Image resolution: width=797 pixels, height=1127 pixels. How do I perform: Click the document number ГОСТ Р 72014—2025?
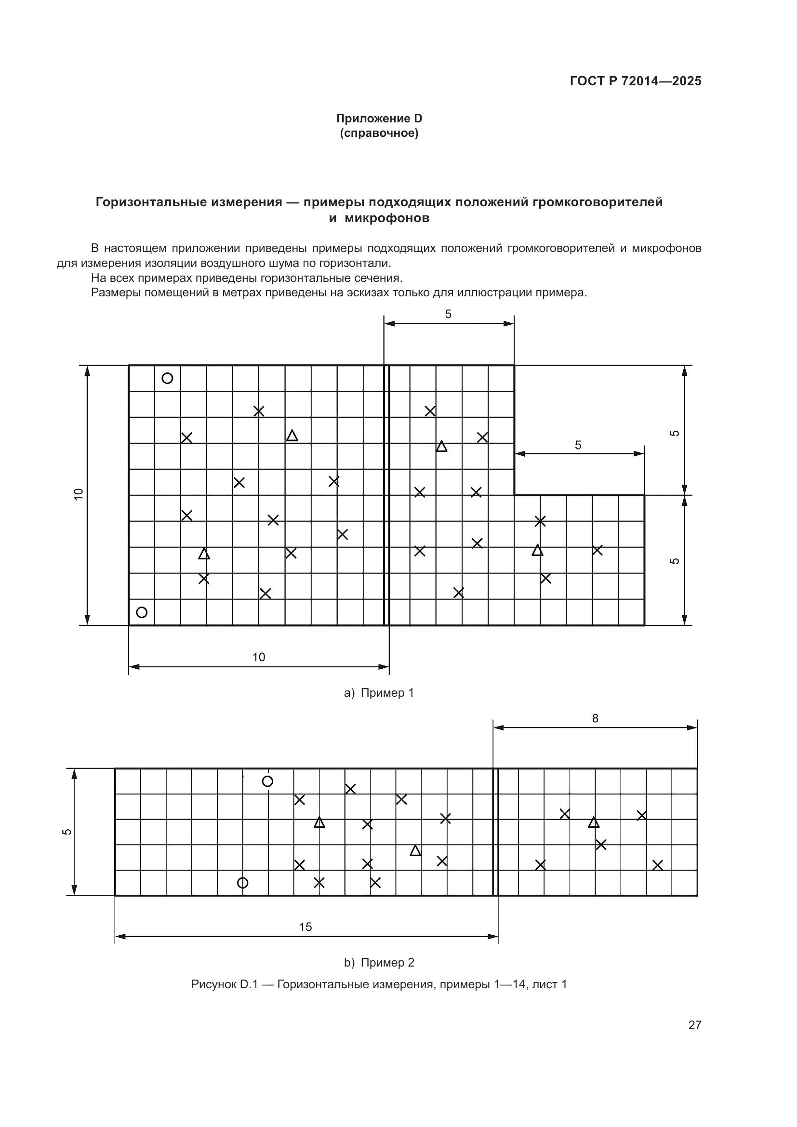pyautogui.click(x=635, y=81)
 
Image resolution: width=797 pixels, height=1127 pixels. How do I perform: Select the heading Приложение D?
pyautogui.click(x=379, y=119)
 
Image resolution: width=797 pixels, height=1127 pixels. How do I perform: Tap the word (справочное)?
pyautogui.click(x=379, y=133)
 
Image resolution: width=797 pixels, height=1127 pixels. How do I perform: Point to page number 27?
pyautogui.click(x=694, y=1025)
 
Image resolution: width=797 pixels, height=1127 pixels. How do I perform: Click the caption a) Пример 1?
pyautogui.click(x=379, y=692)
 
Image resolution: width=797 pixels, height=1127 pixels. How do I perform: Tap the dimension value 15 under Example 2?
pyautogui.click(x=305, y=927)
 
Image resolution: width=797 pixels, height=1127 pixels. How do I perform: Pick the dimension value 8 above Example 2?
pyautogui.click(x=595, y=718)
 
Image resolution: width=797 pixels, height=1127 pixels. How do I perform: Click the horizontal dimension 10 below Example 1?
pyautogui.click(x=258, y=657)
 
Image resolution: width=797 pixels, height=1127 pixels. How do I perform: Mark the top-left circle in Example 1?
pyautogui.click(x=167, y=378)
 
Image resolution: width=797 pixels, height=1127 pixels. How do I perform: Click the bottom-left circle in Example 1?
pyautogui.click(x=142, y=612)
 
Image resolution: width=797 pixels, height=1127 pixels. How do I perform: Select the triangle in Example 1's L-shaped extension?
pyautogui.click(x=537, y=550)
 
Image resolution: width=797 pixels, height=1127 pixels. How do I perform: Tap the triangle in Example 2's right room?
pyautogui.click(x=594, y=822)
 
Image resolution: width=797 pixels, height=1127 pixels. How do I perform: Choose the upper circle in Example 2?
pyautogui.click(x=267, y=782)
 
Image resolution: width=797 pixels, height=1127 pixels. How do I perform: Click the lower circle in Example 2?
pyautogui.click(x=242, y=883)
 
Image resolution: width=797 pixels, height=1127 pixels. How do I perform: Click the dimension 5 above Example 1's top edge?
pyautogui.click(x=448, y=314)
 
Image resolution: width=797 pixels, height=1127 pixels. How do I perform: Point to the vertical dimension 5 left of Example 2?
pyautogui.click(x=67, y=832)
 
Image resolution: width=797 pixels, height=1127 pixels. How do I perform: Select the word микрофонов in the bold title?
pyautogui.click(x=387, y=218)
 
